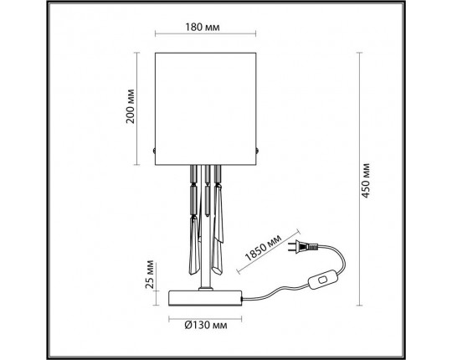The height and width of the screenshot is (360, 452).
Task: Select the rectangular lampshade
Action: (x=207, y=106)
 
